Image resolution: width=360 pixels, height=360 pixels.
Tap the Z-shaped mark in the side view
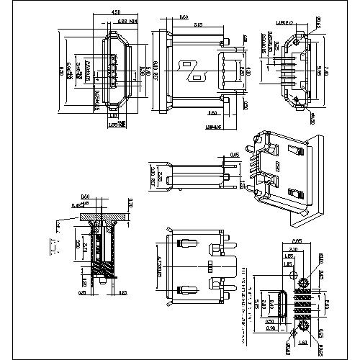(193, 68)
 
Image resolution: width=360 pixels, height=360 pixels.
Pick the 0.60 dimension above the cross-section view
(85, 197)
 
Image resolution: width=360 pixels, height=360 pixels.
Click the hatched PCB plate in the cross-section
(101, 214)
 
